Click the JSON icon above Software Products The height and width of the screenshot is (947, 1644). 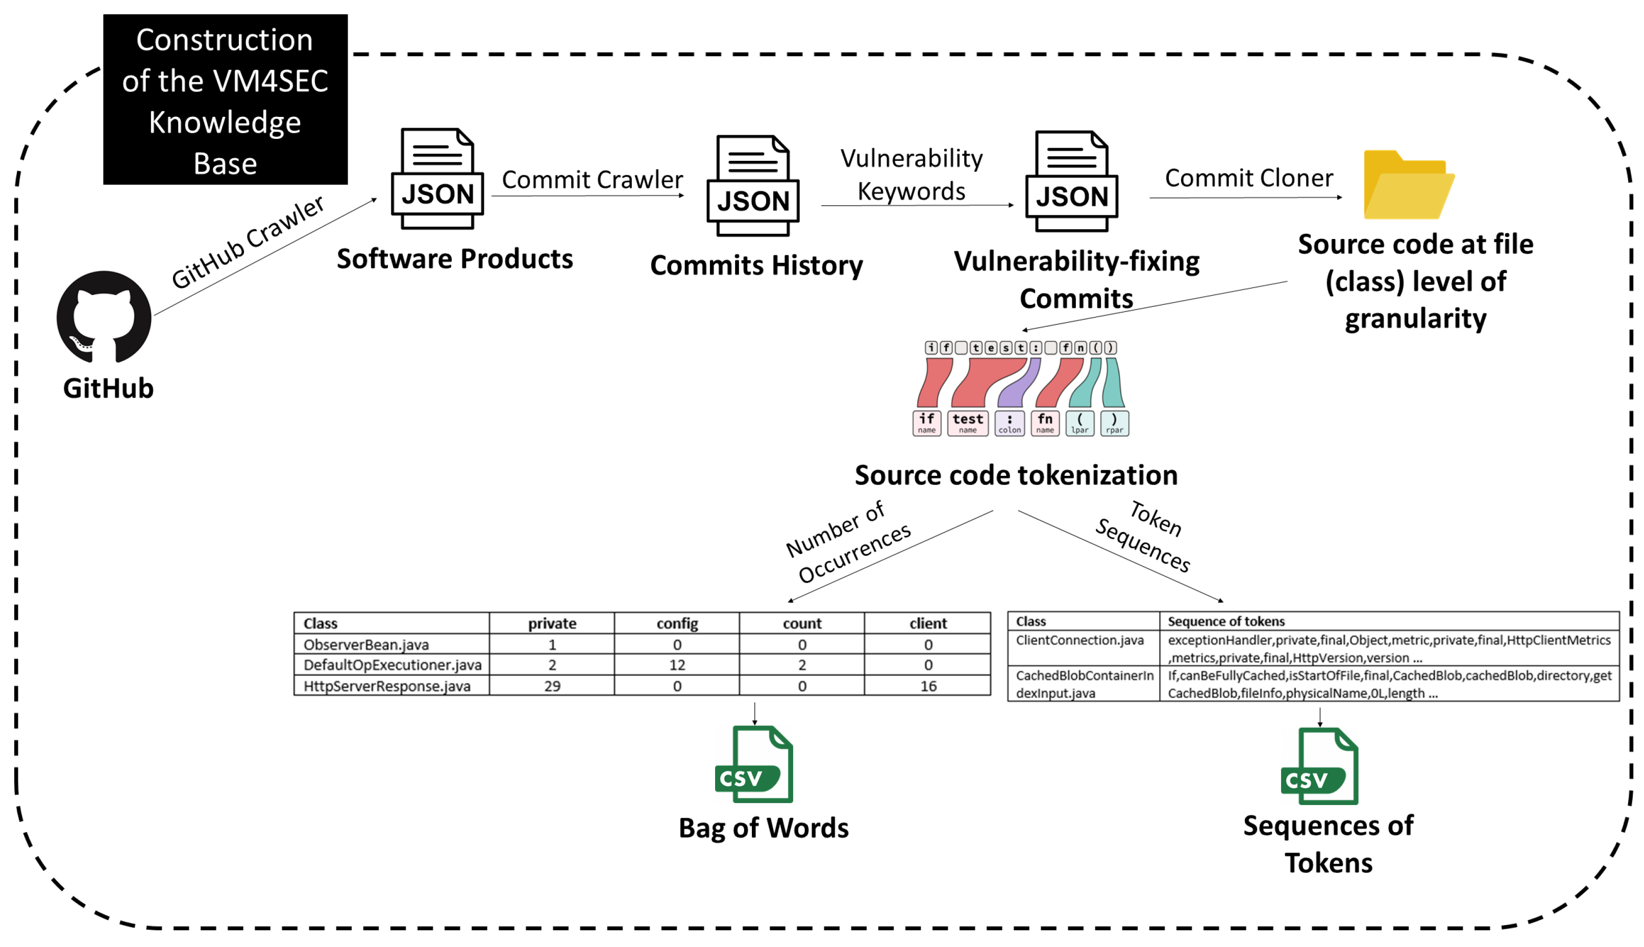coord(437,179)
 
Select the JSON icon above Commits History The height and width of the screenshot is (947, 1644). coord(753,186)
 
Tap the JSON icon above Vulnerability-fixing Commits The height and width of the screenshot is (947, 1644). coord(1071,181)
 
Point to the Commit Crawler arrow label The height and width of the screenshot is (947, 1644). coord(592,180)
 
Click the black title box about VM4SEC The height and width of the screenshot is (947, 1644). coord(225,100)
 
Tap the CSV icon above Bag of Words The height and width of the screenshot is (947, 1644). coord(754,764)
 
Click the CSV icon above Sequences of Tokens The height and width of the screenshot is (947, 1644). coord(1319,766)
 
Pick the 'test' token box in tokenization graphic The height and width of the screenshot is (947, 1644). coord(967,423)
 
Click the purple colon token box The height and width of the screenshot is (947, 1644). coord(1009,423)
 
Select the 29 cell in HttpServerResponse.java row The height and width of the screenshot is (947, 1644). coord(552,686)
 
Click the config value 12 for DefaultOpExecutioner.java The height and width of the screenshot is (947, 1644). coord(677,665)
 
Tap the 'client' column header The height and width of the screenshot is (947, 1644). coord(927,623)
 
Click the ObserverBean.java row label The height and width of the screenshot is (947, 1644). coord(366,645)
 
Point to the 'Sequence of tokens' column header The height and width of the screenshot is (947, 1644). coord(1226,621)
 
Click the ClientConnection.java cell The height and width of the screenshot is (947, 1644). coord(1079,640)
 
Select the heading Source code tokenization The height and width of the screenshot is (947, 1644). coord(1015,475)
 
